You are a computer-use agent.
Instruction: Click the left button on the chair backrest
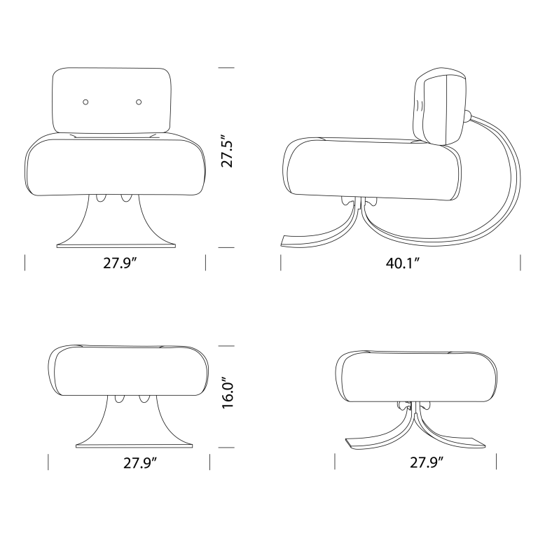pos(85,102)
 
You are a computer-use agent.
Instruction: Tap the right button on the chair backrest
pos(139,102)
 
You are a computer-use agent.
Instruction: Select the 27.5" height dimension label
pos(226,151)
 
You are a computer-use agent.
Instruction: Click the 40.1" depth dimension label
pos(401,263)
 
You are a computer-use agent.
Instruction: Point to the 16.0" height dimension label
pos(226,395)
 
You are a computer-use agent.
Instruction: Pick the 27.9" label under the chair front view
pos(116,263)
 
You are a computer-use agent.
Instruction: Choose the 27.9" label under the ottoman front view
pos(130,462)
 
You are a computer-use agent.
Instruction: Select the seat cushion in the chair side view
pos(371,168)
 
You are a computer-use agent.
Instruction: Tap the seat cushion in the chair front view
pos(116,167)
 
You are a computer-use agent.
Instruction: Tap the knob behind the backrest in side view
pos(467,116)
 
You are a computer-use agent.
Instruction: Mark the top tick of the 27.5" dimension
pos(226,68)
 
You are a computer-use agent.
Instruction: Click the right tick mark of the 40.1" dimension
pos(520,263)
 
